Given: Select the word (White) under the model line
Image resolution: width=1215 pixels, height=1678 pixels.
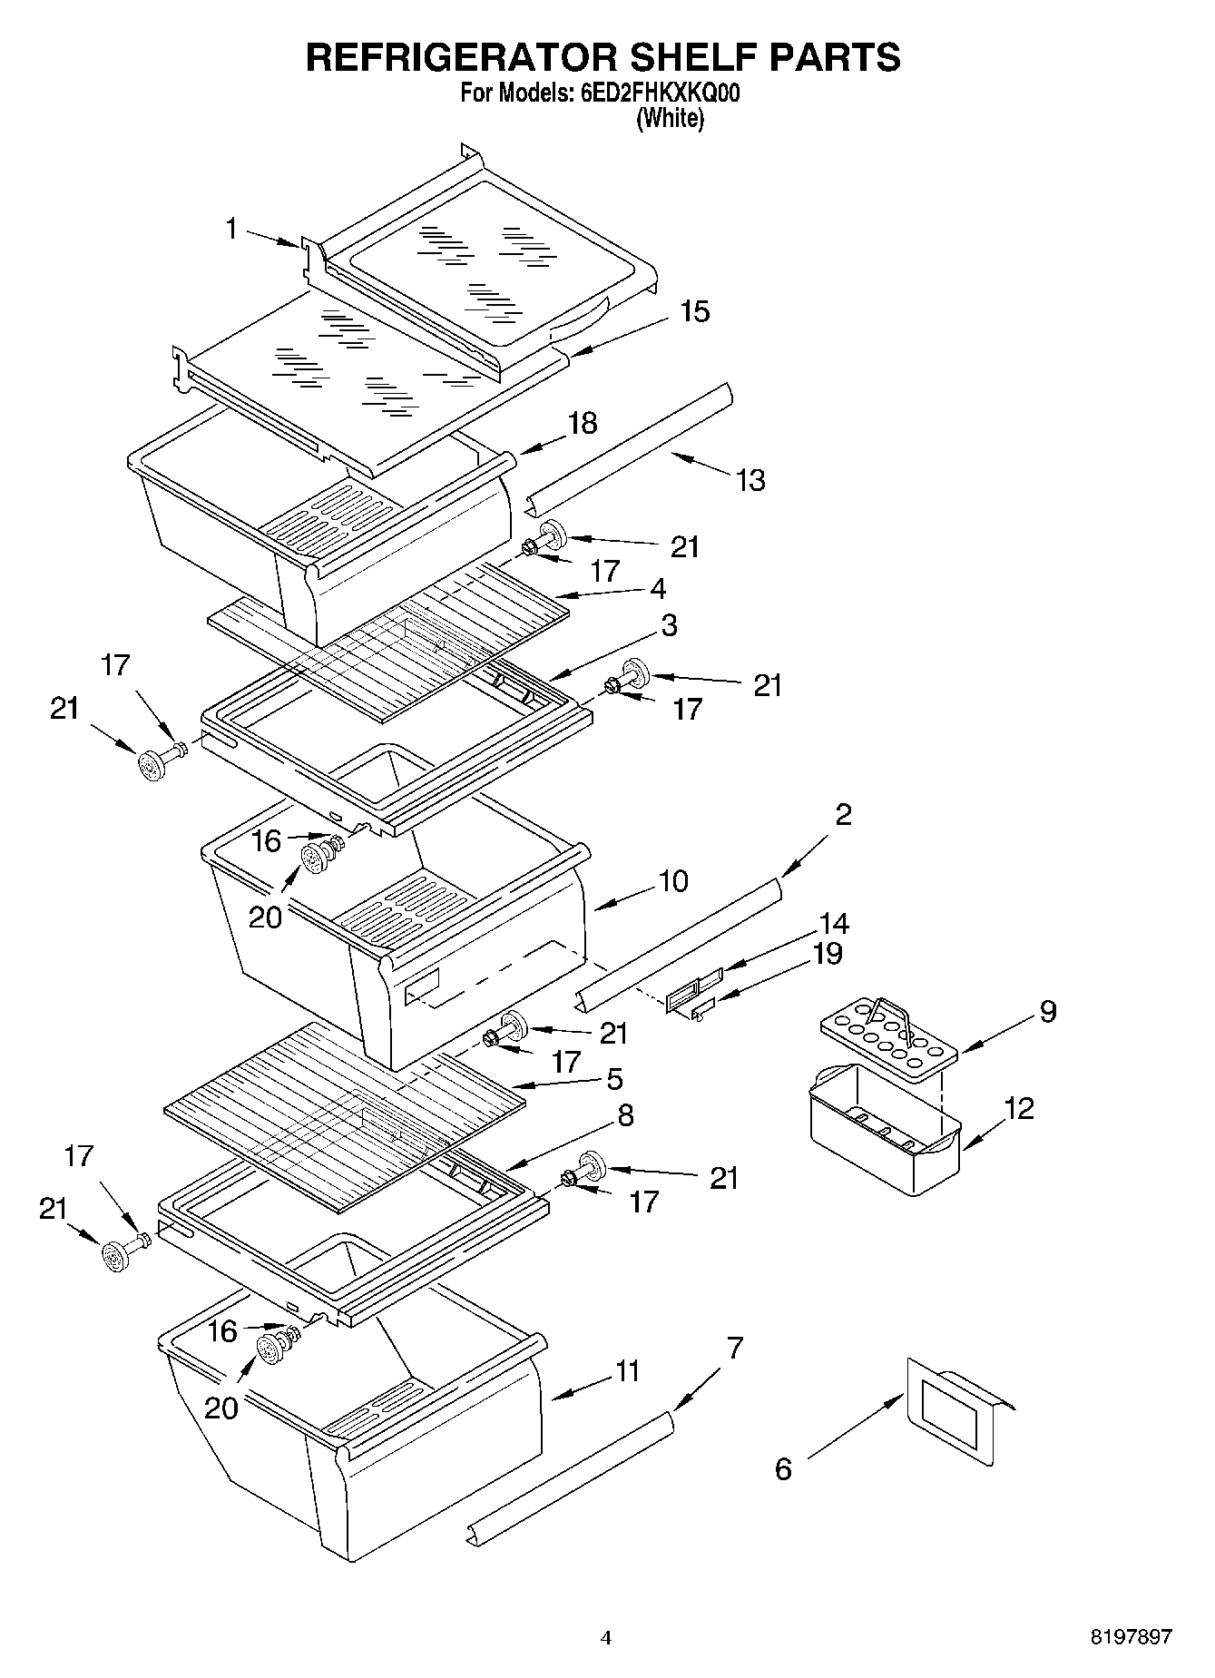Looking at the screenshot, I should tap(670, 118).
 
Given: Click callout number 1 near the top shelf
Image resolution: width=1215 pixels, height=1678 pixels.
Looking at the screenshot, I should tap(232, 229).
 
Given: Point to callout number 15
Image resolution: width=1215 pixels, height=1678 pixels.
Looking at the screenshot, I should tap(694, 311).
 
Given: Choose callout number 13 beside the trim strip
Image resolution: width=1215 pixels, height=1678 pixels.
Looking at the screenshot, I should tap(750, 480).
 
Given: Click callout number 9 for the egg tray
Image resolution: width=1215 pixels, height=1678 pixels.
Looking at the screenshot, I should tap(1048, 1011).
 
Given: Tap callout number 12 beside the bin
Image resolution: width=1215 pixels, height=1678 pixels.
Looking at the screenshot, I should tap(1019, 1108).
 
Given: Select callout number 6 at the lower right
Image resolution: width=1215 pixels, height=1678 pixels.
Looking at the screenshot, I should tap(783, 1468).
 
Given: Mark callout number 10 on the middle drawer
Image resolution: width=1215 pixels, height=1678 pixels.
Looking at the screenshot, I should tap(673, 880).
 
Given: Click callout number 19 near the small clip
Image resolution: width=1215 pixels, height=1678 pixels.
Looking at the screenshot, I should tap(828, 954).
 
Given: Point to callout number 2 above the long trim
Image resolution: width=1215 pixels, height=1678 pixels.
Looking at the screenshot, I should tap(843, 814).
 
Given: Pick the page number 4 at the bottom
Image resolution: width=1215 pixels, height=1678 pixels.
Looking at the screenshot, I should tap(606, 1638).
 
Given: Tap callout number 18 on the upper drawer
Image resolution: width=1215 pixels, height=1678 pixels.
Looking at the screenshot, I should tap(583, 423).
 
